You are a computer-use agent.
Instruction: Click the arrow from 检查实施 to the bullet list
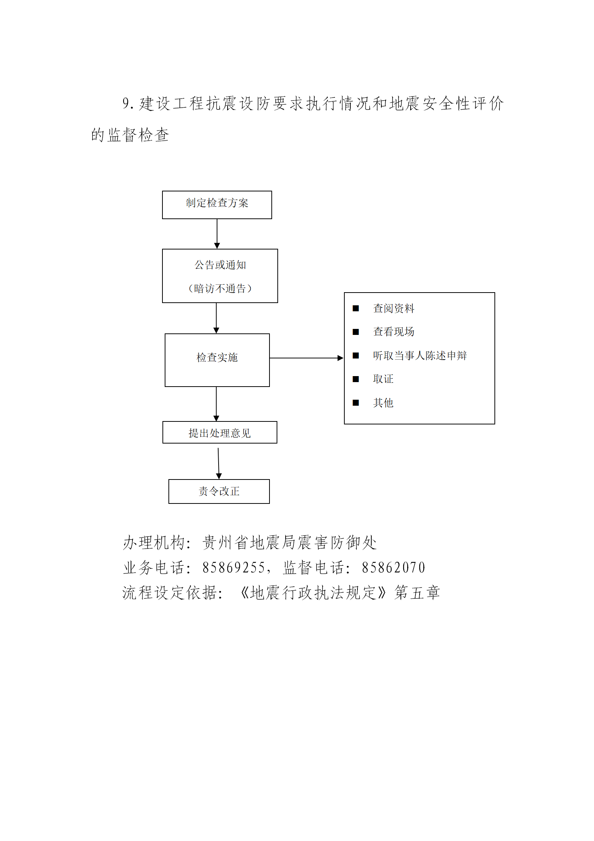pos(307,358)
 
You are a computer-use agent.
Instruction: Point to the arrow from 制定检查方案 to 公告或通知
pos(217,234)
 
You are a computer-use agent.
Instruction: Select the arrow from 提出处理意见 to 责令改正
pos(219,463)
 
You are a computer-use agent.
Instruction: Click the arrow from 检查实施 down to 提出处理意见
pos(216,404)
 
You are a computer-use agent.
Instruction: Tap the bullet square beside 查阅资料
pos(356,308)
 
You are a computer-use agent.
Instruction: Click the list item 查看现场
pos(394,332)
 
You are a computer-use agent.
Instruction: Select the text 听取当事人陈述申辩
pos(420,355)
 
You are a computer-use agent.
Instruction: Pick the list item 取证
pos(383,379)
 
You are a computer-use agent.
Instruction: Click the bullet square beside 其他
pos(356,403)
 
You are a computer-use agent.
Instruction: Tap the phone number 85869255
pos(234,568)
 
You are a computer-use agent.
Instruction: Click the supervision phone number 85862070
pos(393,568)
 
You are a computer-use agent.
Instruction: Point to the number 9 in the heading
pos(126,103)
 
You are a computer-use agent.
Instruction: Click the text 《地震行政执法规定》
pos(314,593)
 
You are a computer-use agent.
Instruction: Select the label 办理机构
pos(154,542)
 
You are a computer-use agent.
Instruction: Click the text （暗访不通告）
pos(220,288)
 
